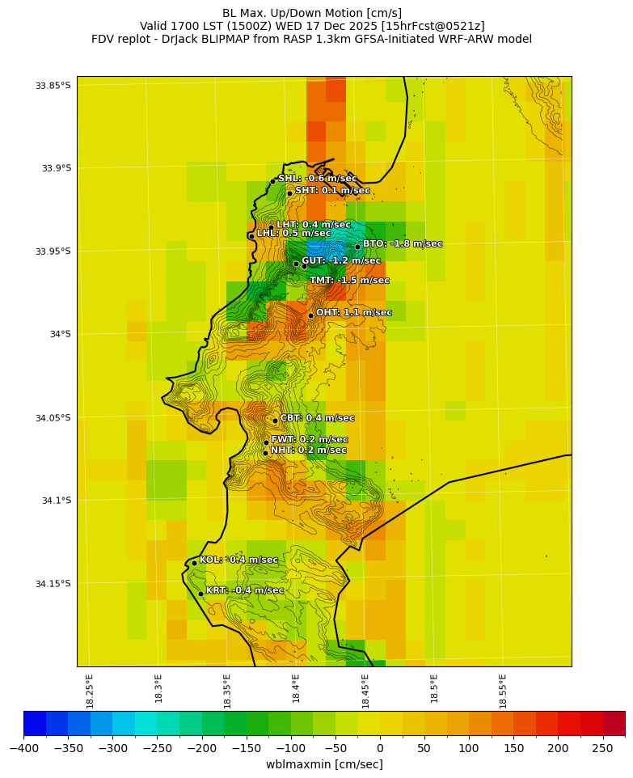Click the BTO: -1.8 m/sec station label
pyautogui.click(x=402, y=243)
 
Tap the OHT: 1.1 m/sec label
pyautogui.click(x=353, y=312)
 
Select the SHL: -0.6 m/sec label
pyautogui.click(x=317, y=178)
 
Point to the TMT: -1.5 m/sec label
pyautogui.click(x=349, y=280)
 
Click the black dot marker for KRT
pyautogui.click(x=200, y=594)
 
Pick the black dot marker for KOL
pyautogui.click(x=194, y=563)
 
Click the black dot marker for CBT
pyautogui.click(x=275, y=421)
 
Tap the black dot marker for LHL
pyautogui.click(x=251, y=236)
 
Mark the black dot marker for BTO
pyautogui.click(x=357, y=247)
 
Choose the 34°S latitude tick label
pyautogui.click(x=57, y=334)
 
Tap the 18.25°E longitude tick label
pyautogui.click(x=90, y=691)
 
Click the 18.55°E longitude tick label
pyautogui.click(x=503, y=691)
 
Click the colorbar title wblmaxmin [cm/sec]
pyautogui.click(x=324, y=764)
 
